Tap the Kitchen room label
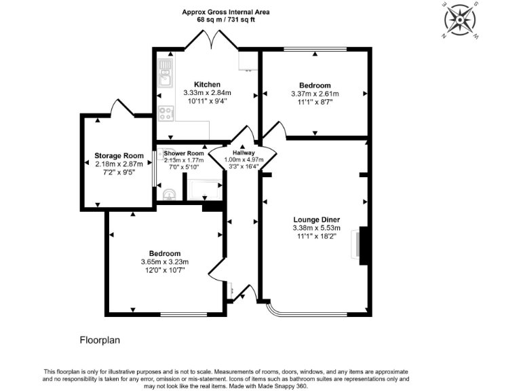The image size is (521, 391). coord(207,84)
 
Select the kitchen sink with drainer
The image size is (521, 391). coord(165,73)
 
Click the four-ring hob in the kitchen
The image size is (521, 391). coord(165,113)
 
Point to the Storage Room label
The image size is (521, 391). coord(117,155)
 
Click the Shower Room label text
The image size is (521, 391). coord(184,153)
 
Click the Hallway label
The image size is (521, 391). coord(242,153)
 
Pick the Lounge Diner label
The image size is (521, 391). coord(316,219)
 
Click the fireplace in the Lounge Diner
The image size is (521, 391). coord(360,244)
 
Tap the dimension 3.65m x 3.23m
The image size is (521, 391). coord(164,262)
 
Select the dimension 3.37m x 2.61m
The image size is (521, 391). coord(315,94)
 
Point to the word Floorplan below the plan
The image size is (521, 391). coord(100,339)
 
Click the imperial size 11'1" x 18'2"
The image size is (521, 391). coord(316,237)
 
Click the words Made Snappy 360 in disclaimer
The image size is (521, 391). coord(284,386)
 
